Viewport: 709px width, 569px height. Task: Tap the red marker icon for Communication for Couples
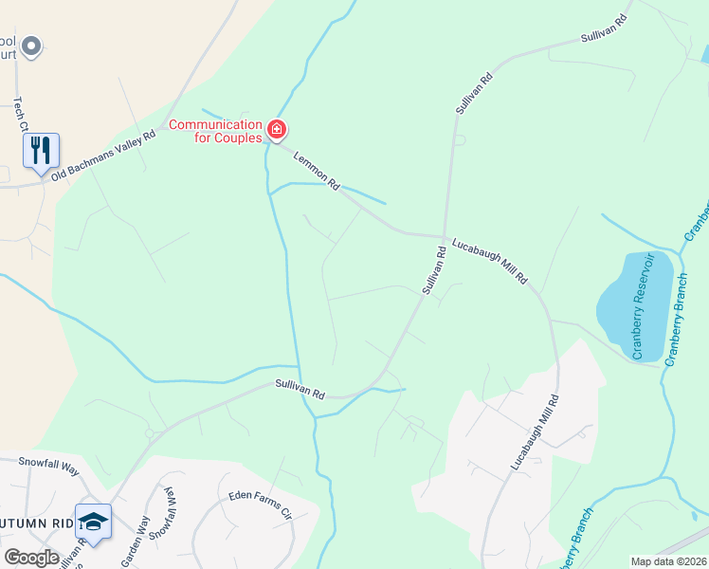(277, 129)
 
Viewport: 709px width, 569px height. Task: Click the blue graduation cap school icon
(93, 521)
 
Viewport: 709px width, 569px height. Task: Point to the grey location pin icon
(31, 45)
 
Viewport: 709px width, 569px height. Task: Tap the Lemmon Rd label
(317, 171)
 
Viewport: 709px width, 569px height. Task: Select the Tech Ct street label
(18, 114)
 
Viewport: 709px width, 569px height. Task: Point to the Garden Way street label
(134, 540)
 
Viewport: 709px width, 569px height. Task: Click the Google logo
(31, 557)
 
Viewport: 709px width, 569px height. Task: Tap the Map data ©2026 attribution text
(668, 561)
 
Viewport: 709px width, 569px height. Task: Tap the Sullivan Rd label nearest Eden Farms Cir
(300, 388)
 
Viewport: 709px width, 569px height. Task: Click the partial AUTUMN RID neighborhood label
(36, 523)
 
